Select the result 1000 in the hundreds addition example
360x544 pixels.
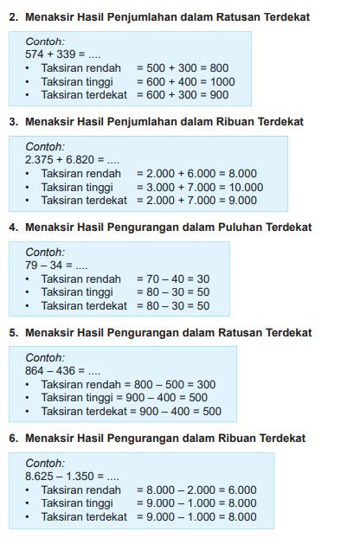coord(222,81)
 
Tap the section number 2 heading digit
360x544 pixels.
coord(13,17)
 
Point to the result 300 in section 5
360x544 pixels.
coord(205,384)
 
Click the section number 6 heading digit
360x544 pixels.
coord(13,438)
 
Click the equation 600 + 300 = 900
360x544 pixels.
coord(183,95)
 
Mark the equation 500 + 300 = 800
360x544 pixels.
coord(183,67)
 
